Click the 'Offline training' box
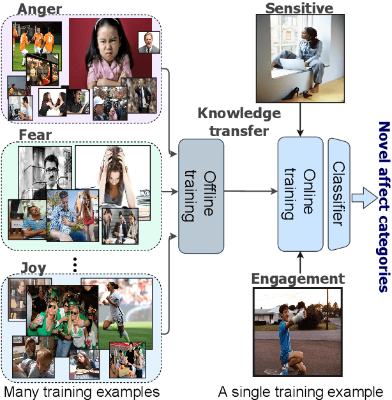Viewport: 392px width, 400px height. click(201, 187)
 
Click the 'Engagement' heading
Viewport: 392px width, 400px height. click(297, 279)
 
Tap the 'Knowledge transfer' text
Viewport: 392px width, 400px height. click(238, 122)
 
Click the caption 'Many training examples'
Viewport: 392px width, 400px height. click(81, 390)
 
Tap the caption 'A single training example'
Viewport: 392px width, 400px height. click(301, 390)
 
